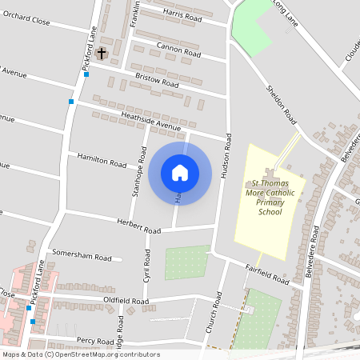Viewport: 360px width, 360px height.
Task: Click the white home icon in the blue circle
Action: [180, 172]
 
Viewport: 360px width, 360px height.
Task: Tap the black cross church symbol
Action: [102, 54]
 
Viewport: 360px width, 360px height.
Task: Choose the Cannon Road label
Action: [178, 49]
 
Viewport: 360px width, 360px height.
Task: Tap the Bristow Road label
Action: [157, 82]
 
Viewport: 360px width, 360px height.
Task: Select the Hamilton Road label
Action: [102, 160]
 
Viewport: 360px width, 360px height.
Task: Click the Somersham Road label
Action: [82, 258]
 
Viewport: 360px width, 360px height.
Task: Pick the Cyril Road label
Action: [147, 262]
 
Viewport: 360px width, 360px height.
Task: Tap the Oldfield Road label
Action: [126, 301]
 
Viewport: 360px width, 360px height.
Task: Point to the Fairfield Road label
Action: [267, 275]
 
